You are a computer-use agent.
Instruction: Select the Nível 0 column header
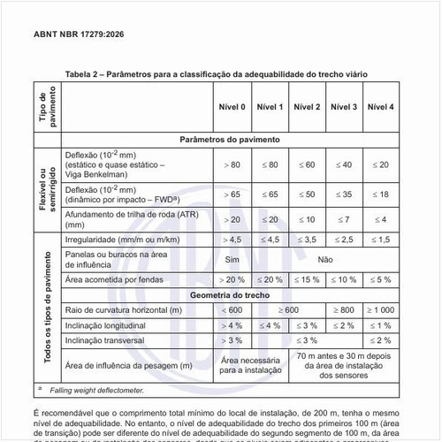[x=232, y=106]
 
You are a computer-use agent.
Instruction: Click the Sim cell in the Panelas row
[x=232, y=260]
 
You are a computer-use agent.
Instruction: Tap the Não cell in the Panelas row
[x=324, y=260]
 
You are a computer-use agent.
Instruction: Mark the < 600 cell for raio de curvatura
[x=232, y=311]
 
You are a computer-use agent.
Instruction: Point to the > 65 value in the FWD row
[x=232, y=193]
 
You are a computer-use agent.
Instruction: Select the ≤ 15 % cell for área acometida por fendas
[x=307, y=279]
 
